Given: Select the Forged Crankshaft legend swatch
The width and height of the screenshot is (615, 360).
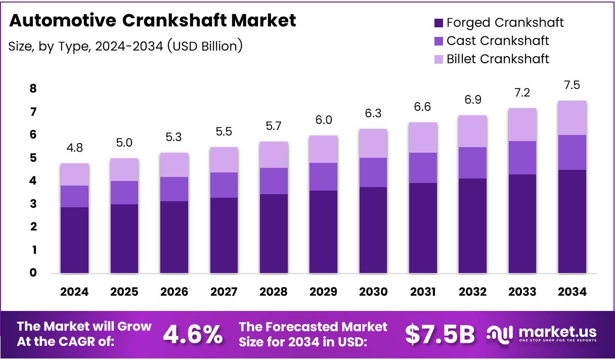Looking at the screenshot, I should point(438,23).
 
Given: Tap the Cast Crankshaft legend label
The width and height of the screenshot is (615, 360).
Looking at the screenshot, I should point(498,40).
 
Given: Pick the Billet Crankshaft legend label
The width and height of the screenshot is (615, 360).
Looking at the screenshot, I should point(498,59).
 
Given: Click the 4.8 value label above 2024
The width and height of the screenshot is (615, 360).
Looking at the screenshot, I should point(74,149).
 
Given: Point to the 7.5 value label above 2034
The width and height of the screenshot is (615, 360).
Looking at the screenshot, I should point(572,86).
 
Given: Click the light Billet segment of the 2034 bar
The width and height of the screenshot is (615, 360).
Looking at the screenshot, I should point(572,118).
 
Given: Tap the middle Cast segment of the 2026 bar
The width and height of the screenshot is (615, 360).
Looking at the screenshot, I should point(174,189).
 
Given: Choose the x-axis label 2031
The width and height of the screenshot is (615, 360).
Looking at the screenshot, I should point(422,292).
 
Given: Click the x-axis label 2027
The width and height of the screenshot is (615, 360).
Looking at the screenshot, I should point(224,292).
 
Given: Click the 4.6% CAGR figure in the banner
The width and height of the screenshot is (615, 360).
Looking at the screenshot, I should point(193,334).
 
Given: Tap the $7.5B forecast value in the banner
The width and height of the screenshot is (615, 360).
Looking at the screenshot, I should point(440,334).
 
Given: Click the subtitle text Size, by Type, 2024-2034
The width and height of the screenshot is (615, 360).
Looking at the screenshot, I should point(125,46).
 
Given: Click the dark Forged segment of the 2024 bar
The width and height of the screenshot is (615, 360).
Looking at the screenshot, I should point(74,240).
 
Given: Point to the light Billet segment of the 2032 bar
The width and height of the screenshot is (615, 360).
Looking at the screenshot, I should point(472,131).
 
